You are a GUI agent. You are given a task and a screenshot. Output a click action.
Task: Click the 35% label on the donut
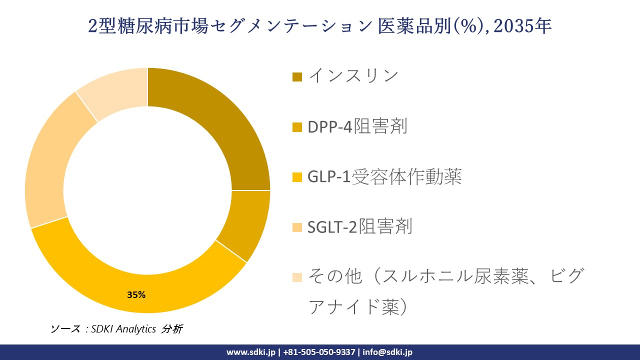coord(136,295)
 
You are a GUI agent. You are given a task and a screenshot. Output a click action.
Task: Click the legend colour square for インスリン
coord(297,77)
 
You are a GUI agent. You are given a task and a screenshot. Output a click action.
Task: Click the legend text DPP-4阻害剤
coord(357,127)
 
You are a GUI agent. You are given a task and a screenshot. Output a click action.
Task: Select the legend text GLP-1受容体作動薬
coord(384,177)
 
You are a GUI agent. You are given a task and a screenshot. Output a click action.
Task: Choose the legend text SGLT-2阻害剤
coord(360,227)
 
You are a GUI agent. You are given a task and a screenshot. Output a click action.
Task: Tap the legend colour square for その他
coord(297,277)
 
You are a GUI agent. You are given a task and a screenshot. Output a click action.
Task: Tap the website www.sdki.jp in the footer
coord(250,352)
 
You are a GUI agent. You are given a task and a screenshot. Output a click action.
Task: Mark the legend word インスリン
coord(353,76)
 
